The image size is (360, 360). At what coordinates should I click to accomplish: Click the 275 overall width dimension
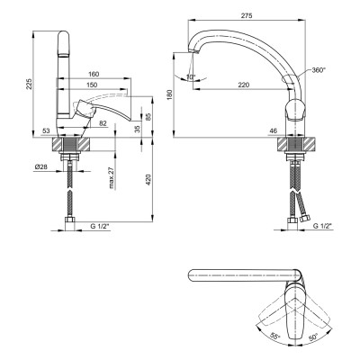tap(247, 15)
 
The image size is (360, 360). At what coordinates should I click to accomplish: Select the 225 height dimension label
tap(29, 85)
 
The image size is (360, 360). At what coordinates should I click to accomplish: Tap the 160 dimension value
tap(94, 74)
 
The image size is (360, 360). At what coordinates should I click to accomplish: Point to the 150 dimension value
tap(92, 85)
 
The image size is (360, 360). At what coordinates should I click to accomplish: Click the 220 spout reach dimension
tap(244, 85)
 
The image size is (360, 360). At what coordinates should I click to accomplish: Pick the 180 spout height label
tap(170, 94)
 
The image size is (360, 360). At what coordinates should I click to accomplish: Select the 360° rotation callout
tap(319, 70)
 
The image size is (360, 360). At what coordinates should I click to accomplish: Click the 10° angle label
tap(191, 76)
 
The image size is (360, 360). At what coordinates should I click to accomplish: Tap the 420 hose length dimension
tap(148, 179)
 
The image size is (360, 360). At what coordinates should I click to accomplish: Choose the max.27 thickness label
tap(112, 178)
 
